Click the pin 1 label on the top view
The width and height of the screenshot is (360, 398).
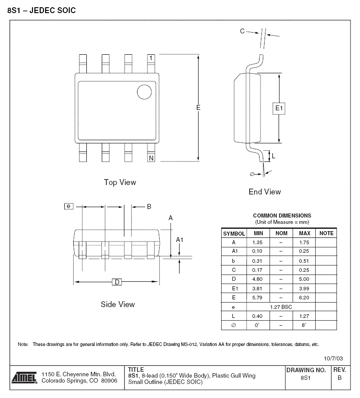pos(151,58)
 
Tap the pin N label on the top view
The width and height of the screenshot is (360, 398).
pos(151,158)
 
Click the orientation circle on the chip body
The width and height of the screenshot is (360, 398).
pos(144,92)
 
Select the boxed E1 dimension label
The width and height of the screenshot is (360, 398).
pos(279,109)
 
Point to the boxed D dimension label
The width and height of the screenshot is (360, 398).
pos(117,282)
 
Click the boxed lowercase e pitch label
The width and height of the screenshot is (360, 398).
pos(69,206)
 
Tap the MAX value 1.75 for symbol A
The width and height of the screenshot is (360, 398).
pos(304,242)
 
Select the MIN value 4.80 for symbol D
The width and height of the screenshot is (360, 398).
pos(257,279)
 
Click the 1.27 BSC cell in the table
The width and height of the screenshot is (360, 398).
pos(281,307)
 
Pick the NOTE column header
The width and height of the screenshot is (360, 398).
pos(326,233)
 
